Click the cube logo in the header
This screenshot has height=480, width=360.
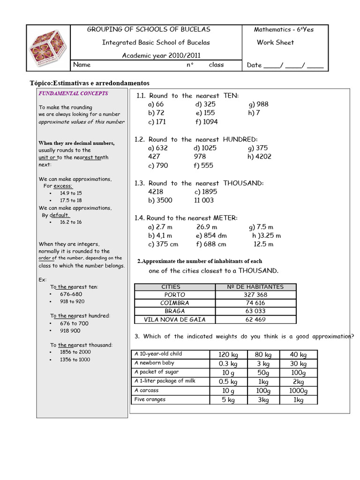[48, 48]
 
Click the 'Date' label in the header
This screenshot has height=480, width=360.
[254, 65]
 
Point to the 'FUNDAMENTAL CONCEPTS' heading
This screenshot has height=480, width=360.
[73, 93]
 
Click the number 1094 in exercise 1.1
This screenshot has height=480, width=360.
[210, 121]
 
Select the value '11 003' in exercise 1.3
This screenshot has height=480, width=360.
[204, 200]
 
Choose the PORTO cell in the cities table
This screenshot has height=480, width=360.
[174, 295]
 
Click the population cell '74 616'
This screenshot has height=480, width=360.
[255, 303]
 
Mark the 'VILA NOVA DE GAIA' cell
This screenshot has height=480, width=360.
[174, 320]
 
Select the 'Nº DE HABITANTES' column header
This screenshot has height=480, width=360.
[255, 287]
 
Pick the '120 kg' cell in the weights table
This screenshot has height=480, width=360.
[228, 355]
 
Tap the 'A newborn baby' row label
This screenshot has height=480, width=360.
[154, 363]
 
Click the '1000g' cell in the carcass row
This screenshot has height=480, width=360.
[298, 390]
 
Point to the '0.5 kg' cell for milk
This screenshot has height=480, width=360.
[228, 382]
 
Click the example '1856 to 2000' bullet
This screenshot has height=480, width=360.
[75, 352]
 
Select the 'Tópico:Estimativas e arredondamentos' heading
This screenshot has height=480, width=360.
[89, 83]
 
